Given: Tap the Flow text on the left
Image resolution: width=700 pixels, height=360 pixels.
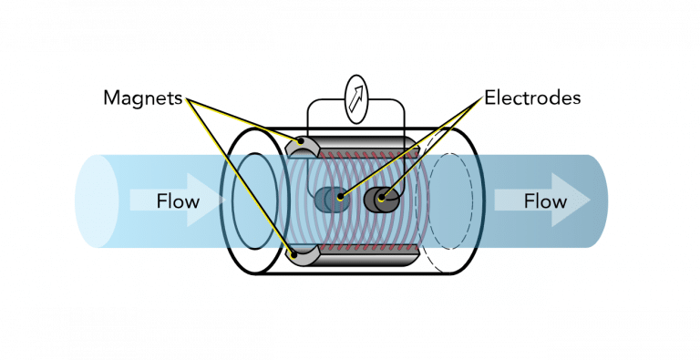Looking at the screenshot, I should pos(177,200).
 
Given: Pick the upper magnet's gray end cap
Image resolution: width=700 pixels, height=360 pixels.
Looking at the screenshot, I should pos(303,146).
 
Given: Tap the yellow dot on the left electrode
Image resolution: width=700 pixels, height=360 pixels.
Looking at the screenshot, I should pos(339,195).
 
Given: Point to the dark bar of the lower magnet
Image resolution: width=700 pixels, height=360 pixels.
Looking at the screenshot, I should pos(365,258).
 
